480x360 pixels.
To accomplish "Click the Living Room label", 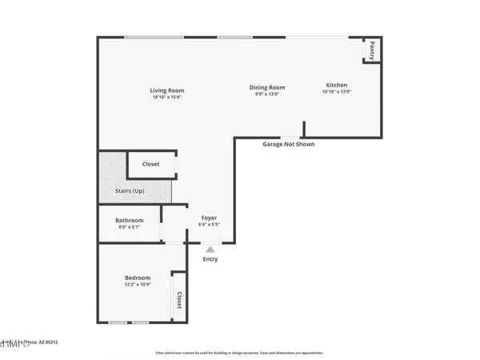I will point(167,90).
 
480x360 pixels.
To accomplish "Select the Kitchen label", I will point(336,85).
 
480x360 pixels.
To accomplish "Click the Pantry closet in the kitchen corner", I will point(372,50).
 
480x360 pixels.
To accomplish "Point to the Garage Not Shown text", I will point(289,145).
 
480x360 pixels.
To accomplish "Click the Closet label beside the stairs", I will point(150,164).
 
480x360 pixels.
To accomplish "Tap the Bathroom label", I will point(129,220).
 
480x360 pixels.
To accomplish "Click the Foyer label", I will point(209,218).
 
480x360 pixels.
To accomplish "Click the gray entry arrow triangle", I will point(210,250).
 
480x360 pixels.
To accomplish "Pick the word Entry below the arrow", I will point(210,259).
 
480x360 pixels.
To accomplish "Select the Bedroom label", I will point(138,278).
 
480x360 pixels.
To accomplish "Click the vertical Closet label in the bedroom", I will point(179,300).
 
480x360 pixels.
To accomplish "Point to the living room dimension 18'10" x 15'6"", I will point(167,98).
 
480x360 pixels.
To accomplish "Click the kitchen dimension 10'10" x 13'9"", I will point(336,92).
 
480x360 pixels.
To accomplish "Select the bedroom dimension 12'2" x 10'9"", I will point(138,285).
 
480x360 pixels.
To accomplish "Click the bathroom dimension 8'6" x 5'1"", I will point(129,227).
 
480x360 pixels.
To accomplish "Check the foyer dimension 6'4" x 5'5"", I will point(209,225).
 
